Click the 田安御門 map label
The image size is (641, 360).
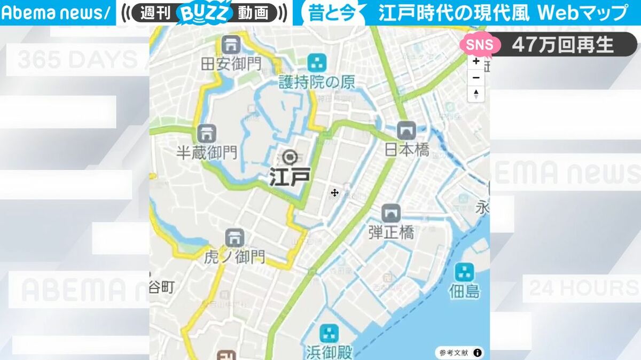231,65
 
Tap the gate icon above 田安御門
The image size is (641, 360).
231,44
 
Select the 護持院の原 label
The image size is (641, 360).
317,82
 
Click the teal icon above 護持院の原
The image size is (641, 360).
317,62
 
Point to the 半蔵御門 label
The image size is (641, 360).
207,152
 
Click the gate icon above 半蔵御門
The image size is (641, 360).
207,132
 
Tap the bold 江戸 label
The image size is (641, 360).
290,177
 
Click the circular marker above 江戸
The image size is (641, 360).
290,157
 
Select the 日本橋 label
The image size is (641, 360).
407,150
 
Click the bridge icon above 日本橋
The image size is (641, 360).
407,130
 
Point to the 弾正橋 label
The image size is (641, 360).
391,233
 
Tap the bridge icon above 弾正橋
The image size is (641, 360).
391,213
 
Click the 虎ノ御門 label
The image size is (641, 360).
234,257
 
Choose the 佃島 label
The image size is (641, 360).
464,292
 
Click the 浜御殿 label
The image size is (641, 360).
330,353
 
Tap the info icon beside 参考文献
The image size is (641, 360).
477,353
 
